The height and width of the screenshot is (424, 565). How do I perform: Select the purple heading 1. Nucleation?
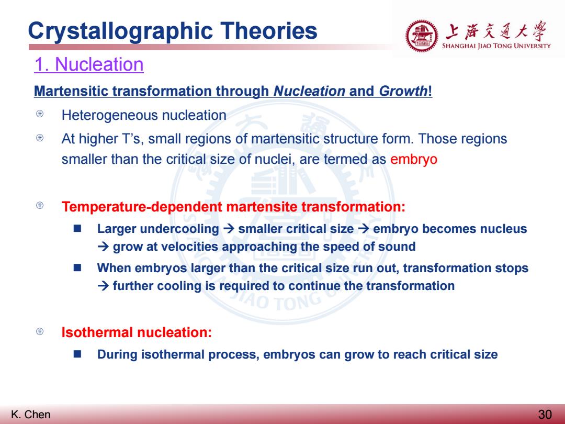89,64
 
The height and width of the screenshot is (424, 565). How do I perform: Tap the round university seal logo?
422,36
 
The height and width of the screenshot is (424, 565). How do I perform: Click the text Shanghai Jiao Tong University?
496,46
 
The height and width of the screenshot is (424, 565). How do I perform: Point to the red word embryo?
414,159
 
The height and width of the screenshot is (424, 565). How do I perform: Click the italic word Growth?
403,91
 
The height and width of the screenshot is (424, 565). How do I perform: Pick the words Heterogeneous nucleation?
144,115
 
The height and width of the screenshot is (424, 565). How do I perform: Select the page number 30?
545,414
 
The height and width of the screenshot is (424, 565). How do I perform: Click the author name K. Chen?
31,414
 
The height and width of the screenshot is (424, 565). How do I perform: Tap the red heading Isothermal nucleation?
137,332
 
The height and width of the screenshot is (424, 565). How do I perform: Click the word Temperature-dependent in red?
142,207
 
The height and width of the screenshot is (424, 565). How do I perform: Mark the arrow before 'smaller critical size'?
229,229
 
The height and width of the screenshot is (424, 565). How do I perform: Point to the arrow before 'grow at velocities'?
103,247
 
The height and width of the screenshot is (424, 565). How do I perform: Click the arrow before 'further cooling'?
103,286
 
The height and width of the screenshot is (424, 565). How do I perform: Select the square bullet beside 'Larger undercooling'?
77,229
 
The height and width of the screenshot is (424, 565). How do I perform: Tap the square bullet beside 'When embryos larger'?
77,267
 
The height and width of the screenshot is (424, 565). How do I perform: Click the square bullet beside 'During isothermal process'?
77,354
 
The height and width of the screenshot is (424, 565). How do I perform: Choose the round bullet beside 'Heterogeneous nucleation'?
40,114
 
